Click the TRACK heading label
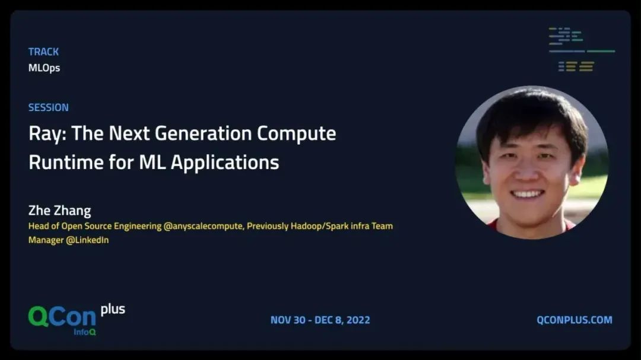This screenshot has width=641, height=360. click(x=43, y=52)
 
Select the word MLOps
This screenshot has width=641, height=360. click(x=44, y=68)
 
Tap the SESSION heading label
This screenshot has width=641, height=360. click(x=48, y=107)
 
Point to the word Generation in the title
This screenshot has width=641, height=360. click(x=203, y=133)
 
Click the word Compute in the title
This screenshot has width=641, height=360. click(x=296, y=134)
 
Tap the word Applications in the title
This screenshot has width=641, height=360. click(x=225, y=163)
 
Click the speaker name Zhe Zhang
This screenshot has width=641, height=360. click(x=60, y=211)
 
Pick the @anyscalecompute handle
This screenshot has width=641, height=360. click(x=203, y=227)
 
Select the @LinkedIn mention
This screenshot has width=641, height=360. click(x=87, y=240)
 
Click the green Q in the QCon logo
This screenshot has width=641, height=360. click(x=39, y=316)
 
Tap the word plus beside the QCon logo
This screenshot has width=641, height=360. click(x=113, y=310)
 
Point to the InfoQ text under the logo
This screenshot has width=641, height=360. click(x=85, y=332)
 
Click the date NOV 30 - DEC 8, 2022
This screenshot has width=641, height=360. click(x=320, y=320)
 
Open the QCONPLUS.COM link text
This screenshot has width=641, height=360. click(x=575, y=320)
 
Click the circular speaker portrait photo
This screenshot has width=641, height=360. click(x=532, y=163)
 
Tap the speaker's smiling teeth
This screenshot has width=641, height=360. click(x=527, y=194)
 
